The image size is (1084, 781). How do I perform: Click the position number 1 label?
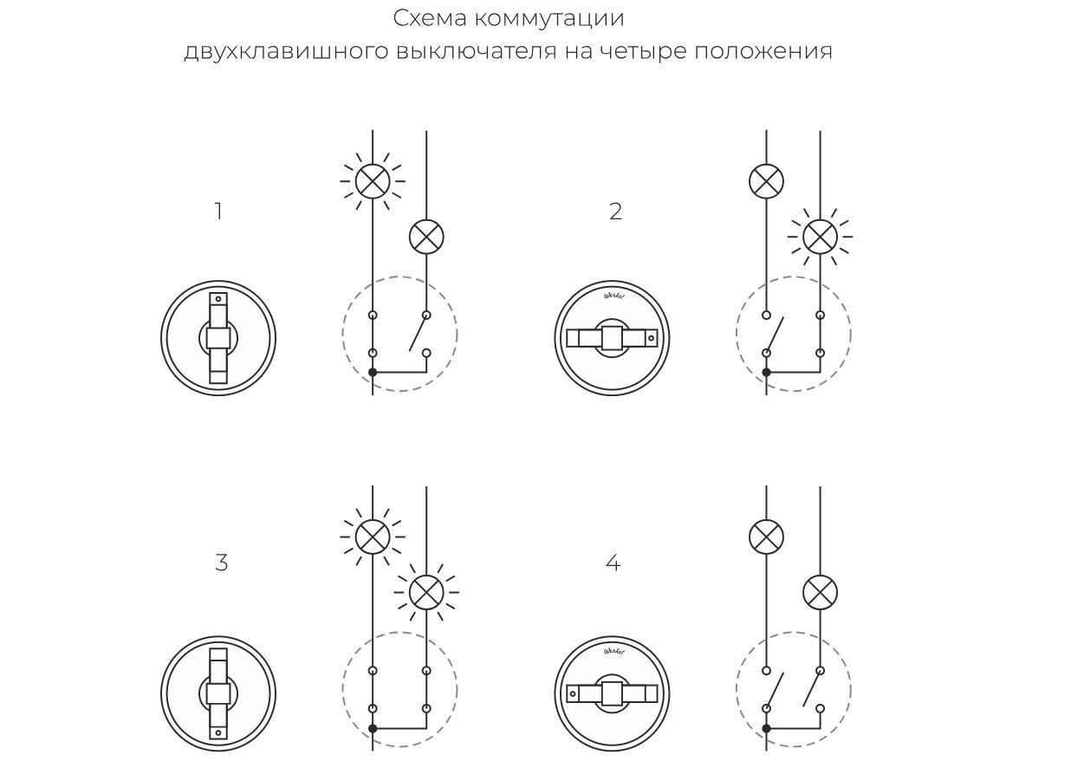(218, 212)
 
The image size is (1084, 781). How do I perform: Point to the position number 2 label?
(615, 212)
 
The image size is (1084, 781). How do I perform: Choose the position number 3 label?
(221, 563)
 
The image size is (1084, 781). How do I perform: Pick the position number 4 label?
(613, 563)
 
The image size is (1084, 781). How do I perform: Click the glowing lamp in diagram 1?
(373, 181)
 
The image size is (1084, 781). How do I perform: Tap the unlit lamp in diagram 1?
(425, 236)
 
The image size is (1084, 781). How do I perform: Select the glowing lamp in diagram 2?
(820, 236)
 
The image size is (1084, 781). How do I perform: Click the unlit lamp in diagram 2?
(766, 182)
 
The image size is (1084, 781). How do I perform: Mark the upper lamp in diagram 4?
(766, 537)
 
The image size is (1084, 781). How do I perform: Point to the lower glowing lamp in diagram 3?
(425, 593)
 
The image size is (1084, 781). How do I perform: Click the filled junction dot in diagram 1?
(373, 372)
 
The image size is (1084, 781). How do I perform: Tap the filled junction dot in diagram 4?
(766, 728)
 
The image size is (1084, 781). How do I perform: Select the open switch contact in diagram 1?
(419, 334)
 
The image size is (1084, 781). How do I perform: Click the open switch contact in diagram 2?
(775, 334)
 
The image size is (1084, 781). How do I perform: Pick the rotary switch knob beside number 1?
(218, 337)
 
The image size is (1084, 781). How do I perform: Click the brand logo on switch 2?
(613, 296)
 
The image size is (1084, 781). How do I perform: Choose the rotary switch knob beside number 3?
(218, 693)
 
